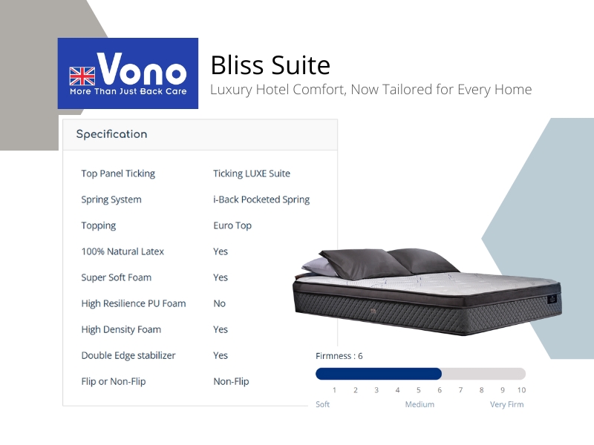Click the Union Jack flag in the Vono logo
[x=82, y=76]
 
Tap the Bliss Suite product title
[x=270, y=65]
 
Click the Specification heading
[x=112, y=134]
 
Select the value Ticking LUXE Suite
[x=252, y=174]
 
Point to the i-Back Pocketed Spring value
[x=261, y=200]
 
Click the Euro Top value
[x=232, y=225]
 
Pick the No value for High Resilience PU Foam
[x=219, y=303]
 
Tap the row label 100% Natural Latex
[x=123, y=251]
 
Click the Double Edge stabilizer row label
[x=128, y=355]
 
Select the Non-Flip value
[x=231, y=381]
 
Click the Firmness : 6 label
[x=339, y=356]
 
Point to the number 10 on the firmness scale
[x=521, y=390]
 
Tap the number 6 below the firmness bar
[x=440, y=390]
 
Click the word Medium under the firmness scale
[x=420, y=404]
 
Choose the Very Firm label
[x=507, y=404]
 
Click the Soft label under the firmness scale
[x=323, y=404]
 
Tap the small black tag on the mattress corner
[x=552, y=299]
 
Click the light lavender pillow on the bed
[x=319, y=267]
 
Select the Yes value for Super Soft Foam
[x=221, y=277]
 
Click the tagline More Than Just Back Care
[x=128, y=91]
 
